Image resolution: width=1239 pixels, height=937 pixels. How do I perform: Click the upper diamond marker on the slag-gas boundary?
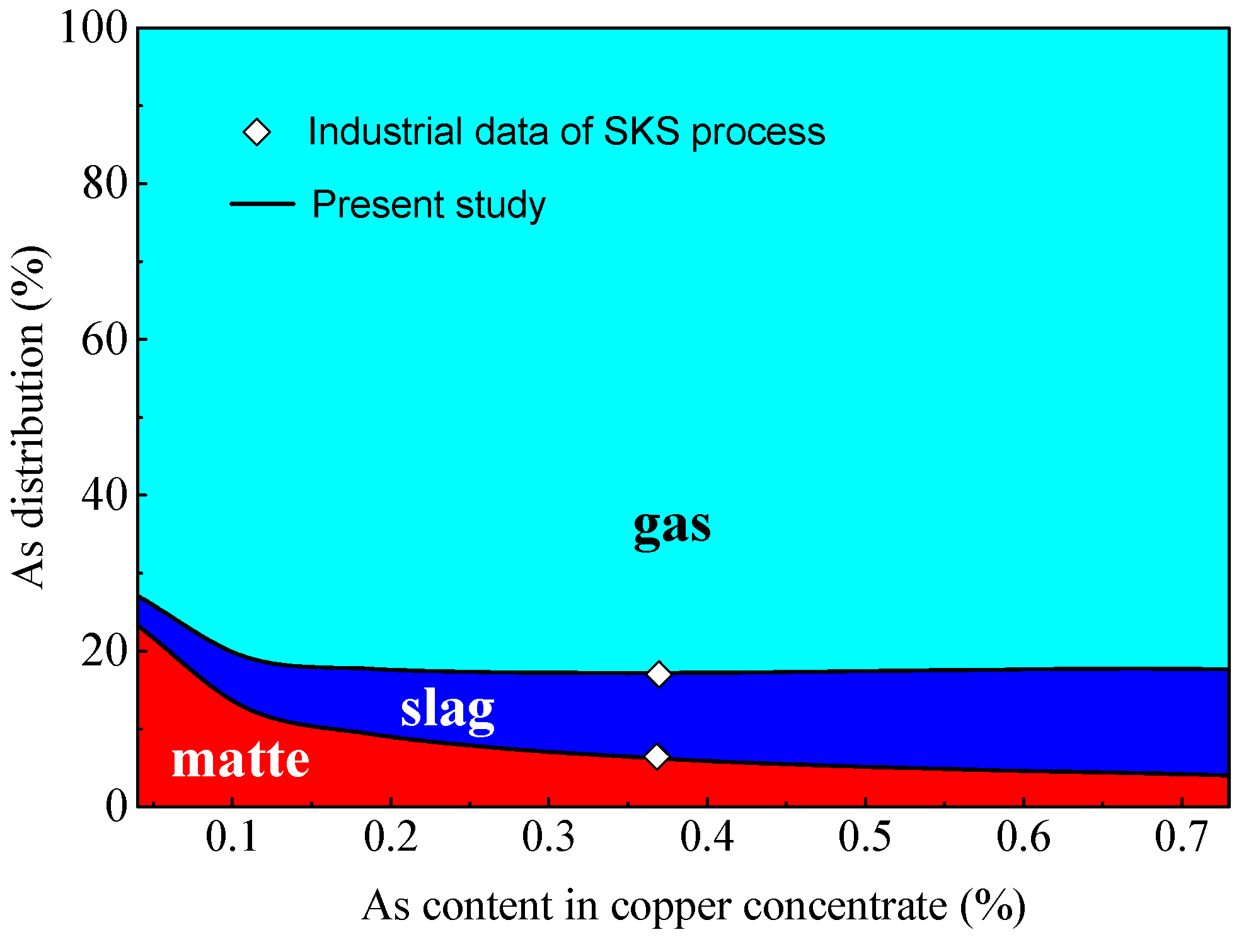(x=659, y=674)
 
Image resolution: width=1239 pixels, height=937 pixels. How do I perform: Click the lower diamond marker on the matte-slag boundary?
(x=657, y=756)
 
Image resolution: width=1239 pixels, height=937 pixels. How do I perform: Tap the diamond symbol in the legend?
(x=257, y=132)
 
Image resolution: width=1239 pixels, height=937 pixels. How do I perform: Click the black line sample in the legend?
(x=262, y=204)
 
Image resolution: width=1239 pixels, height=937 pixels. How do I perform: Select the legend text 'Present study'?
(x=429, y=205)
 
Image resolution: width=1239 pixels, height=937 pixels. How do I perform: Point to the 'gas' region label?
(x=672, y=527)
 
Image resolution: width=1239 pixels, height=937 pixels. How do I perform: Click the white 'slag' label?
(x=447, y=710)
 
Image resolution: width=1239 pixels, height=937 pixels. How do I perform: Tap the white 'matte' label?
(x=240, y=760)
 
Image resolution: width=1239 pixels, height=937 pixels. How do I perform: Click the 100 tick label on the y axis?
(x=93, y=28)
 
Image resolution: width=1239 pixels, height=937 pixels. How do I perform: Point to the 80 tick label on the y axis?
(x=105, y=184)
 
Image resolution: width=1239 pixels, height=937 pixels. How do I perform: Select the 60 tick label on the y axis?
(x=105, y=340)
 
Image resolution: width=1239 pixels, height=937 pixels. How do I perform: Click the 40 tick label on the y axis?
(x=105, y=495)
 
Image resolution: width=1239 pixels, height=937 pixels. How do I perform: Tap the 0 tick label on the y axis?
(x=116, y=806)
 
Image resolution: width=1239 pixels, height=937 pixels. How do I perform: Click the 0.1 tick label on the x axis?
(x=232, y=837)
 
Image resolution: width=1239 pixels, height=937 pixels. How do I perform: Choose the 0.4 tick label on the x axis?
(x=706, y=837)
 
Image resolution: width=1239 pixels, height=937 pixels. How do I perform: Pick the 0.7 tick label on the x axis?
(x=1180, y=837)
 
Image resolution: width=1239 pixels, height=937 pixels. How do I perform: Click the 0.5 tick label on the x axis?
(x=865, y=837)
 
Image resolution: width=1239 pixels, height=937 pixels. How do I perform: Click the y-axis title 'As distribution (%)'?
(x=29, y=417)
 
